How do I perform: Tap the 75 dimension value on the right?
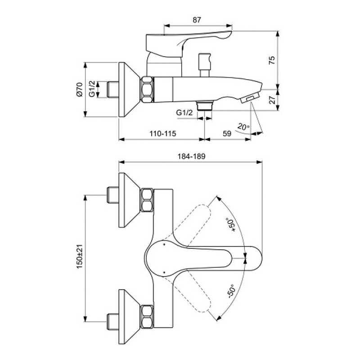click(271, 60)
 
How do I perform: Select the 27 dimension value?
click(271, 100)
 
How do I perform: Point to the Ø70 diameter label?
click(79, 90)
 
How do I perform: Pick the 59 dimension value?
click(227, 133)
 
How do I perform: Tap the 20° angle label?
click(243, 127)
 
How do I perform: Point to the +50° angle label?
click(231, 224)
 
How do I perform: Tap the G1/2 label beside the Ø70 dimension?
click(91, 90)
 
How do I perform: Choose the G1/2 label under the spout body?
click(184, 112)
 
